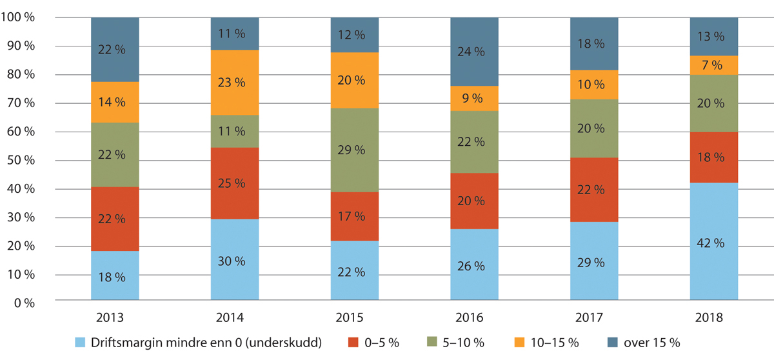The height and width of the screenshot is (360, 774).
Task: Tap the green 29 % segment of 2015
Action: pyautogui.click(x=354, y=150)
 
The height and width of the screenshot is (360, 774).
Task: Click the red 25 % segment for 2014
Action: pyautogui.click(x=234, y=183)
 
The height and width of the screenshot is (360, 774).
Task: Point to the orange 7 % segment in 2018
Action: pyautogui.click(x=713, y=65)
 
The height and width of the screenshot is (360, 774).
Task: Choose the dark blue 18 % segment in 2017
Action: pyautogui.click(x=594, y=44)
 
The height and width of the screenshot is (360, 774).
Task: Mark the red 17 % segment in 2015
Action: pyautogui.click(x=354, y=216)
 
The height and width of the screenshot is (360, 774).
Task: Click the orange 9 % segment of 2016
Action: pyautogui.click(x=474, y=98)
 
